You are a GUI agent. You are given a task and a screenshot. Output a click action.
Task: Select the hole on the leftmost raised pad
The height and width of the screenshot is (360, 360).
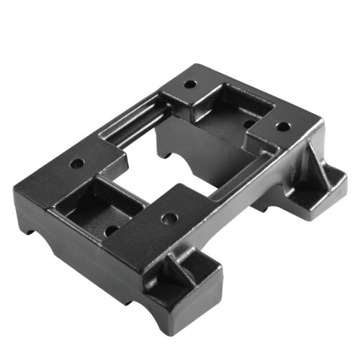pyautogui.click(x=76, y=163)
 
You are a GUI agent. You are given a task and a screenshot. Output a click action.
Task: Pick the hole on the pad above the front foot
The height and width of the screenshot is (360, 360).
pyautogui.click(x=168, y=216)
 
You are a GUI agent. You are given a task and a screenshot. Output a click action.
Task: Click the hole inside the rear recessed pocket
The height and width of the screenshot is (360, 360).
pyautogui.click(x=248, y=123)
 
